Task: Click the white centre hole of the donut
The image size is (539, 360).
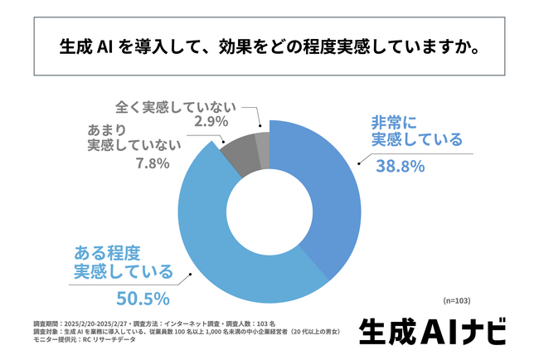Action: [x=269, y=212]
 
